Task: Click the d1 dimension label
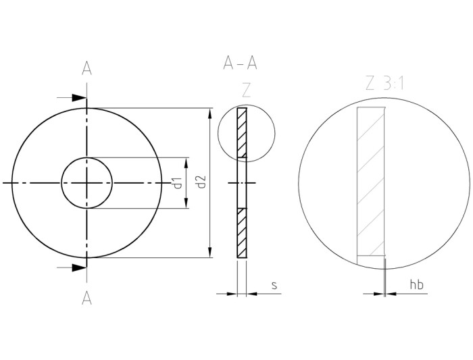(177, 182)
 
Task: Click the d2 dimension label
(201, 182)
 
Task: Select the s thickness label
(274, 286)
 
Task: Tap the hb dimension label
(417, 285)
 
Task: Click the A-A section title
(240, 63)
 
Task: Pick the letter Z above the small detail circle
(246, 91)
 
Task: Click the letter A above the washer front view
(86, 68)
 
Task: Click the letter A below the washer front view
(86, 298)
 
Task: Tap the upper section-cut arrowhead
(80, 99)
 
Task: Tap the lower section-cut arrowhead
(80, 267)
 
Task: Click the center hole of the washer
(86, 182)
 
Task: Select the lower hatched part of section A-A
(242, 232)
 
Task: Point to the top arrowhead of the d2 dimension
(210, 112)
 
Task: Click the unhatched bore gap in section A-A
(242, 182)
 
